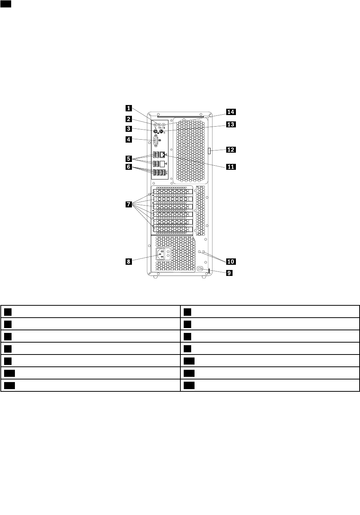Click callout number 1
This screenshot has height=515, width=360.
coord(128,108)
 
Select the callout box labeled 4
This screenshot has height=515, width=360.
coord(128,140)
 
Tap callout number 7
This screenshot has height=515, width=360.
coord(128,204)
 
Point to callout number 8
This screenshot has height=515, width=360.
coord(128,261)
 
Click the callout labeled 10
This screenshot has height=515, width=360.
coord(231,261)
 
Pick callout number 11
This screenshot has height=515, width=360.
coord(231,167)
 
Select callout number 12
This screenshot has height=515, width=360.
coord(231,150)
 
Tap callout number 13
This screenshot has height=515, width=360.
coord(231,124)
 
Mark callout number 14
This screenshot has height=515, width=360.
coord(231,112)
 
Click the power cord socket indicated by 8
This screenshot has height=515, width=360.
coord(161,254)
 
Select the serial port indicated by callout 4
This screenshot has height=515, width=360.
coord(156,143)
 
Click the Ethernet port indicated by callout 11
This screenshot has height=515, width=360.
coord(162,155)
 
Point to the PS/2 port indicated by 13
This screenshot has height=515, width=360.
coord(161,131)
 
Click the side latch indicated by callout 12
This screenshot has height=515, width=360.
coord(210,151)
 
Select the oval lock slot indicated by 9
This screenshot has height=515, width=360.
coord(200,269)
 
